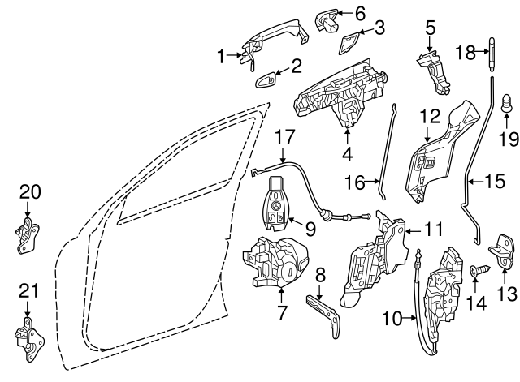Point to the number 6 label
[360, 14]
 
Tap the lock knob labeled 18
[491, 56]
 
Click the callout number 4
[348, 153]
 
